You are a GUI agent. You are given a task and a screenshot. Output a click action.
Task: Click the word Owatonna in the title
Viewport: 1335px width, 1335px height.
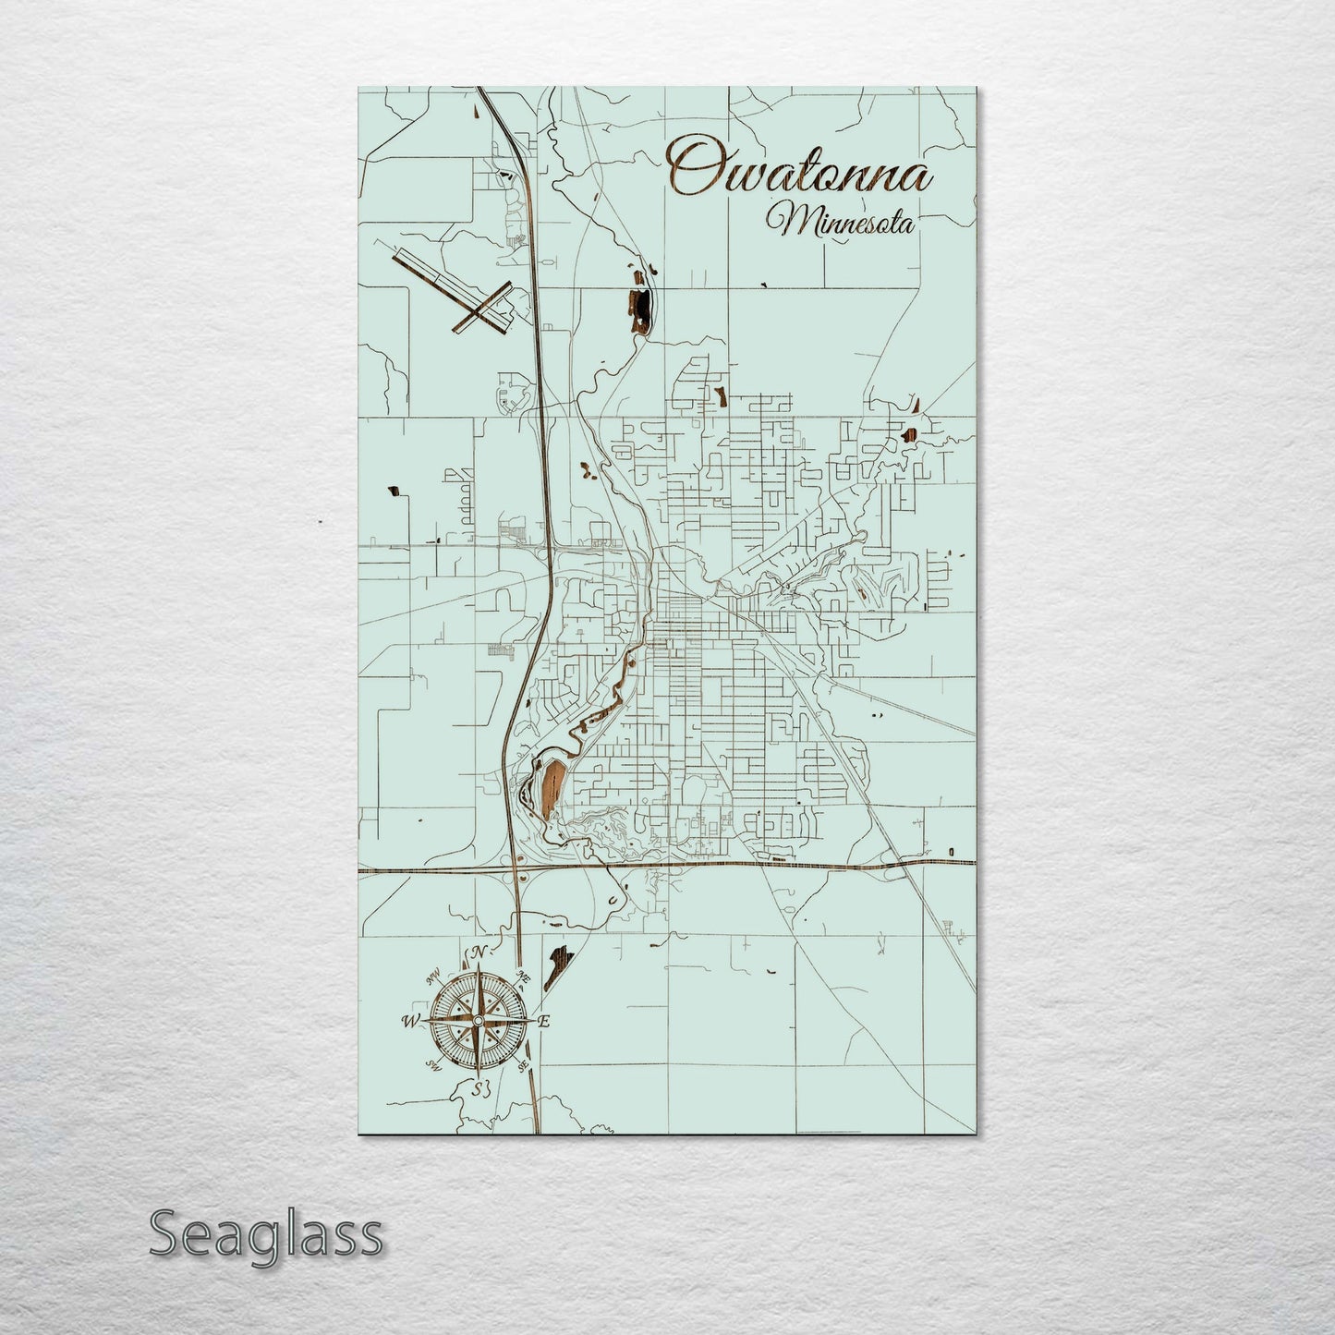[800, 171]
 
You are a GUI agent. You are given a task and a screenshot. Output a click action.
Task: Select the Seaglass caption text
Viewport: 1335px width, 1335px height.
[265, 1233]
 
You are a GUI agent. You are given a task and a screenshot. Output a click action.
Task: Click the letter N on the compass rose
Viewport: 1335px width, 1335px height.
[478, 953]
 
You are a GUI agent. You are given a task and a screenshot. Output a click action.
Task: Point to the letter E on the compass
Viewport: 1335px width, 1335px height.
[544, 1021]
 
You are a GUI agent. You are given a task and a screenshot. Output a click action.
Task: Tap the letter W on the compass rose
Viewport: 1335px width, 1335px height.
[408, 1021]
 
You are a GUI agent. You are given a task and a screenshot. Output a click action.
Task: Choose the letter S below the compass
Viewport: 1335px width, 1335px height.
[479, 1087]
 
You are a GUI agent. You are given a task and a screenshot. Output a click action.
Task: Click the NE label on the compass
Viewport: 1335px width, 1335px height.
[523, 977]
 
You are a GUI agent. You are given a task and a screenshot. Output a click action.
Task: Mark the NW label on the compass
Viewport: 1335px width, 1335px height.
[431, 977]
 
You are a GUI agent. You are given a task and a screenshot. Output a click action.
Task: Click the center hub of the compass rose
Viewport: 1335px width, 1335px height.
[477, 1021]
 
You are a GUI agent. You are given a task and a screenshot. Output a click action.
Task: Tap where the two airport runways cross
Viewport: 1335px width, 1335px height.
[478, 315]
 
